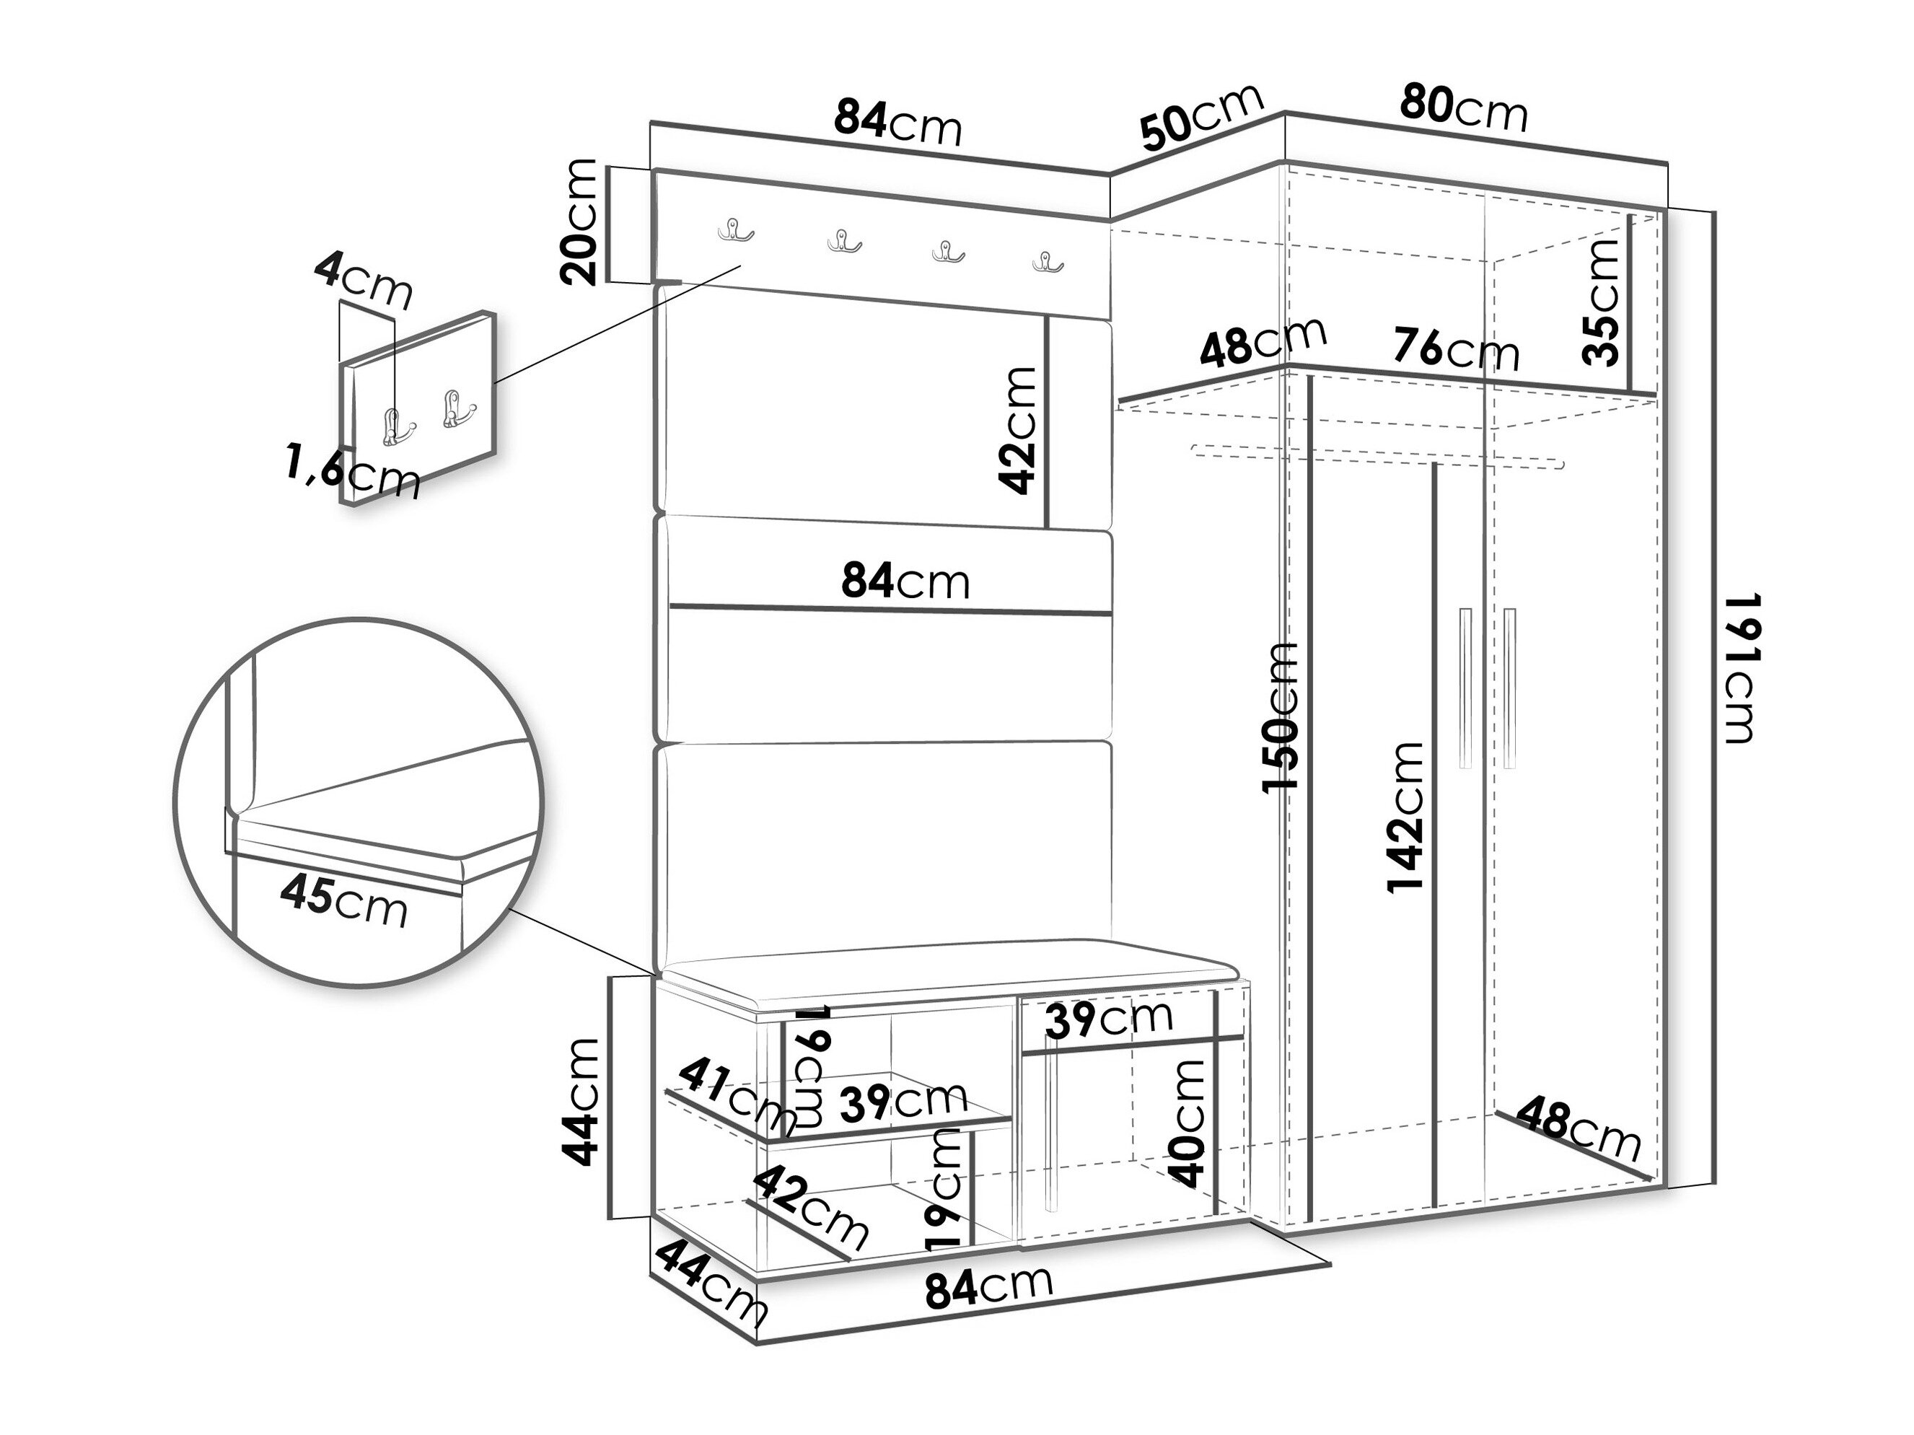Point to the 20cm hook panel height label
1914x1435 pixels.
point(579,221)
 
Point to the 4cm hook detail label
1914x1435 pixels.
point(364,281)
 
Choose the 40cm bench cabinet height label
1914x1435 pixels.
point(1185,1123)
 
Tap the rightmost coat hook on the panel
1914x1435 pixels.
point(1048,261)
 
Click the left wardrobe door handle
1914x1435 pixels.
point(1465,688)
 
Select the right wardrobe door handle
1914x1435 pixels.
point(1510,688)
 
